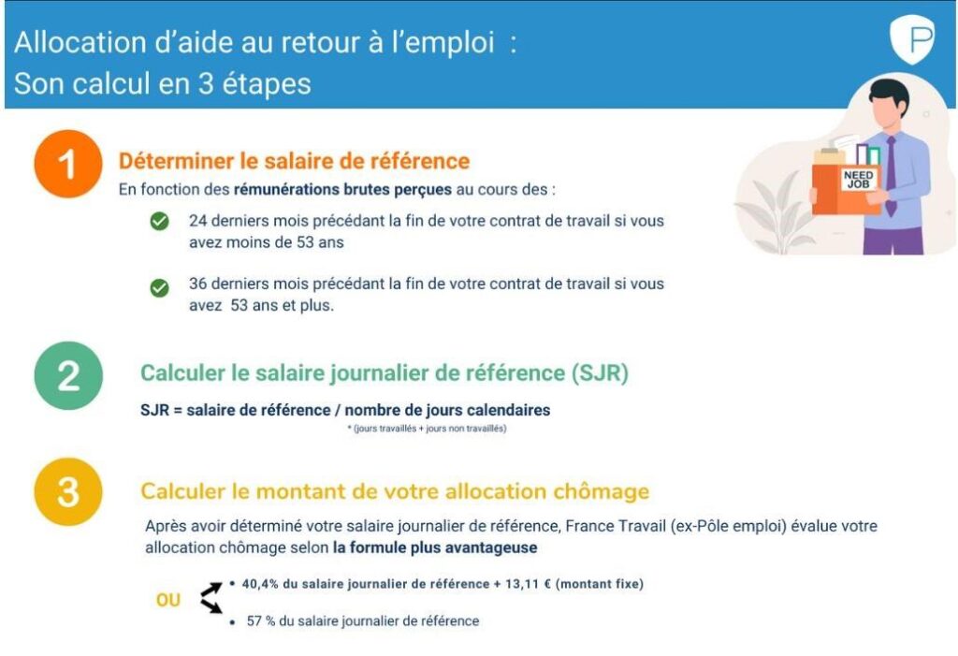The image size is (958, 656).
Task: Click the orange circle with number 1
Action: coord(67,165)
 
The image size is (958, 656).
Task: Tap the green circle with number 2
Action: coord(68,375)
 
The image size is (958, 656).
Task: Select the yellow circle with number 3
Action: coord(68,492)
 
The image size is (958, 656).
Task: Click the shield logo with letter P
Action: coord(911,41)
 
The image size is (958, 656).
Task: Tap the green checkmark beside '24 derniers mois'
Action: coord(160,222)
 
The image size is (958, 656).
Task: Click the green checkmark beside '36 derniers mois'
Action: coord(160,288)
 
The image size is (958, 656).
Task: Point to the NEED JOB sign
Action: coord(858,180)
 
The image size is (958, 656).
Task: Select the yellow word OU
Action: coord(168,601)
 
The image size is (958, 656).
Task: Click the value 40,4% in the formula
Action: coord(261,584)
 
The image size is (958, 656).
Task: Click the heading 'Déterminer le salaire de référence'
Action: coord(294,162)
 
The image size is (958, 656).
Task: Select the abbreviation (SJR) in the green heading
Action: coord(599,373)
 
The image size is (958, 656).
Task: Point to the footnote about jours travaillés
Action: coord(426,429)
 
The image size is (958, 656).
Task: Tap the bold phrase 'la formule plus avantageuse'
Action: coord(435,547)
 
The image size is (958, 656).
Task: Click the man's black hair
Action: coord(886,93)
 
